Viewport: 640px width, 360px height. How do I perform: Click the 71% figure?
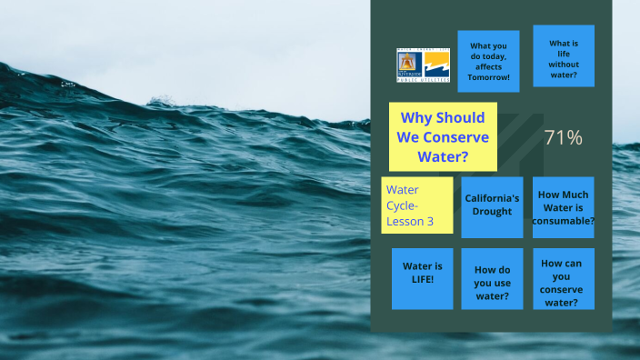tap(563, 138)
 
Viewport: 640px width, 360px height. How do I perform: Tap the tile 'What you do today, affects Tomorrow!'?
tap(488, 61)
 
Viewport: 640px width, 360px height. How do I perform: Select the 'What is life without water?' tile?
tap(564, 57)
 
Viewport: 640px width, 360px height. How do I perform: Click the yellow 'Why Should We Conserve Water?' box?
tap(443, 136)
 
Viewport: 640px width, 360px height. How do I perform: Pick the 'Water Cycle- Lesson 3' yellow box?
tap(417, 205)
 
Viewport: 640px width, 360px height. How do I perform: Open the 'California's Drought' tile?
tap(492, 205)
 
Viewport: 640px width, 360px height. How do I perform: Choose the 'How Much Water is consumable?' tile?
tap(563, 207)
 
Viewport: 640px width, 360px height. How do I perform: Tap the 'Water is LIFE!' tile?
tap(423, 273)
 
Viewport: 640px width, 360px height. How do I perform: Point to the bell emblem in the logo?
tap(406, 63)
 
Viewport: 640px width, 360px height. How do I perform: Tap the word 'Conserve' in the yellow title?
tap(455, 136)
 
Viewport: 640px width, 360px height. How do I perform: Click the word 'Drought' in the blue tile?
tap(492, 212)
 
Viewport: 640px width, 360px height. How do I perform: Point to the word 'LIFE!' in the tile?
tap(423, 279)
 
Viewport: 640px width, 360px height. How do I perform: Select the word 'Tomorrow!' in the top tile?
tap(488, 76)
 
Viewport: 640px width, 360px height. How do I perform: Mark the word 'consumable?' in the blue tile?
tap(564, 220)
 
